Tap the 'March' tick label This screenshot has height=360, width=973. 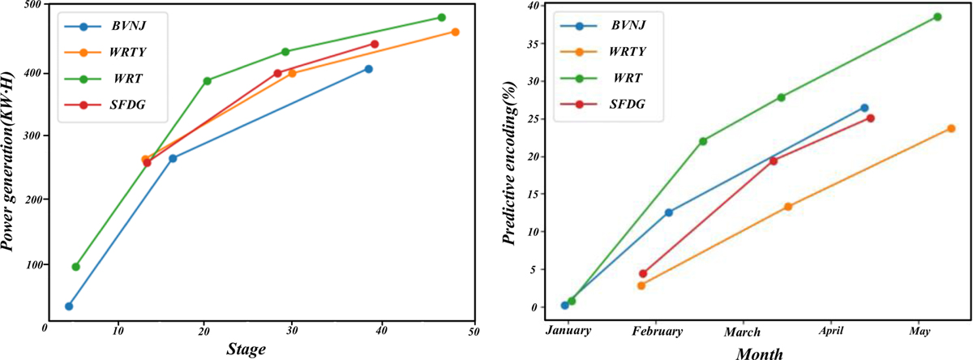(742, 332)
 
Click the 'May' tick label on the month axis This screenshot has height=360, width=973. (919, 332)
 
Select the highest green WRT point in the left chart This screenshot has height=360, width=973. (442, 17)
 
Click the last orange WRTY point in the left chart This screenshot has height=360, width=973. (455, 32)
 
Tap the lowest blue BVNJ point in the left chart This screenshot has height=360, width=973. (69, 306)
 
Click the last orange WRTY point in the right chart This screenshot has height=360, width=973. (951, 128)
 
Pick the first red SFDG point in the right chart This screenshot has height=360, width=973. (643, 273)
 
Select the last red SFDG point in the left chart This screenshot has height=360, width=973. (374, 44)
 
